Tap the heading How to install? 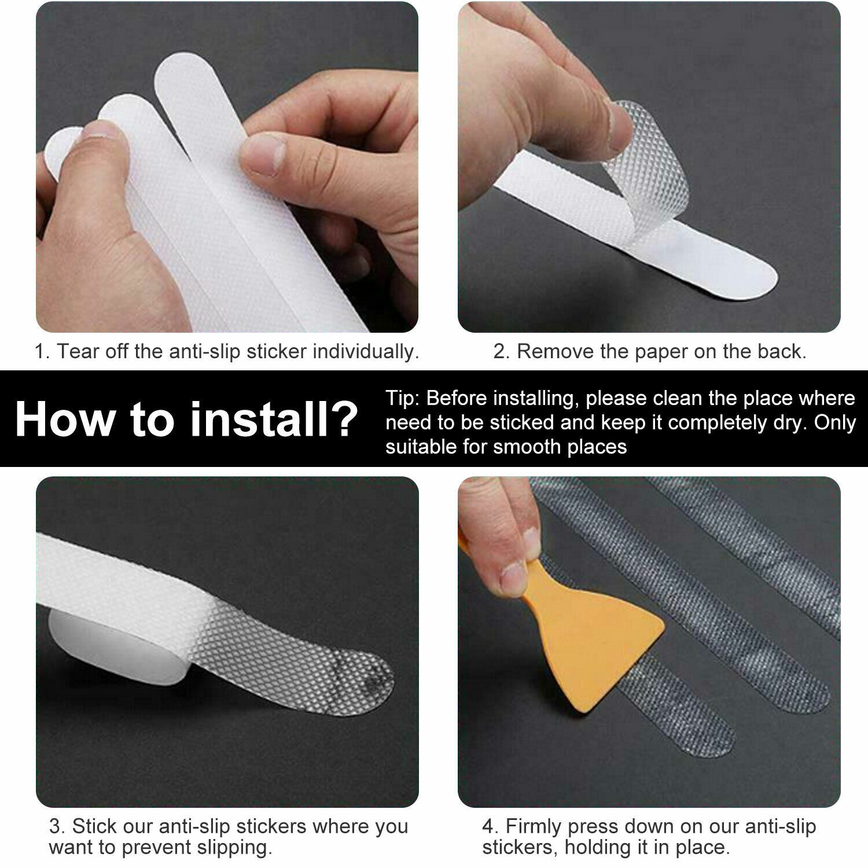click(x=186, y=419)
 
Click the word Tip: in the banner click(x=403, y=399)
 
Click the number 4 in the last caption click(x=488, y=826)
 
